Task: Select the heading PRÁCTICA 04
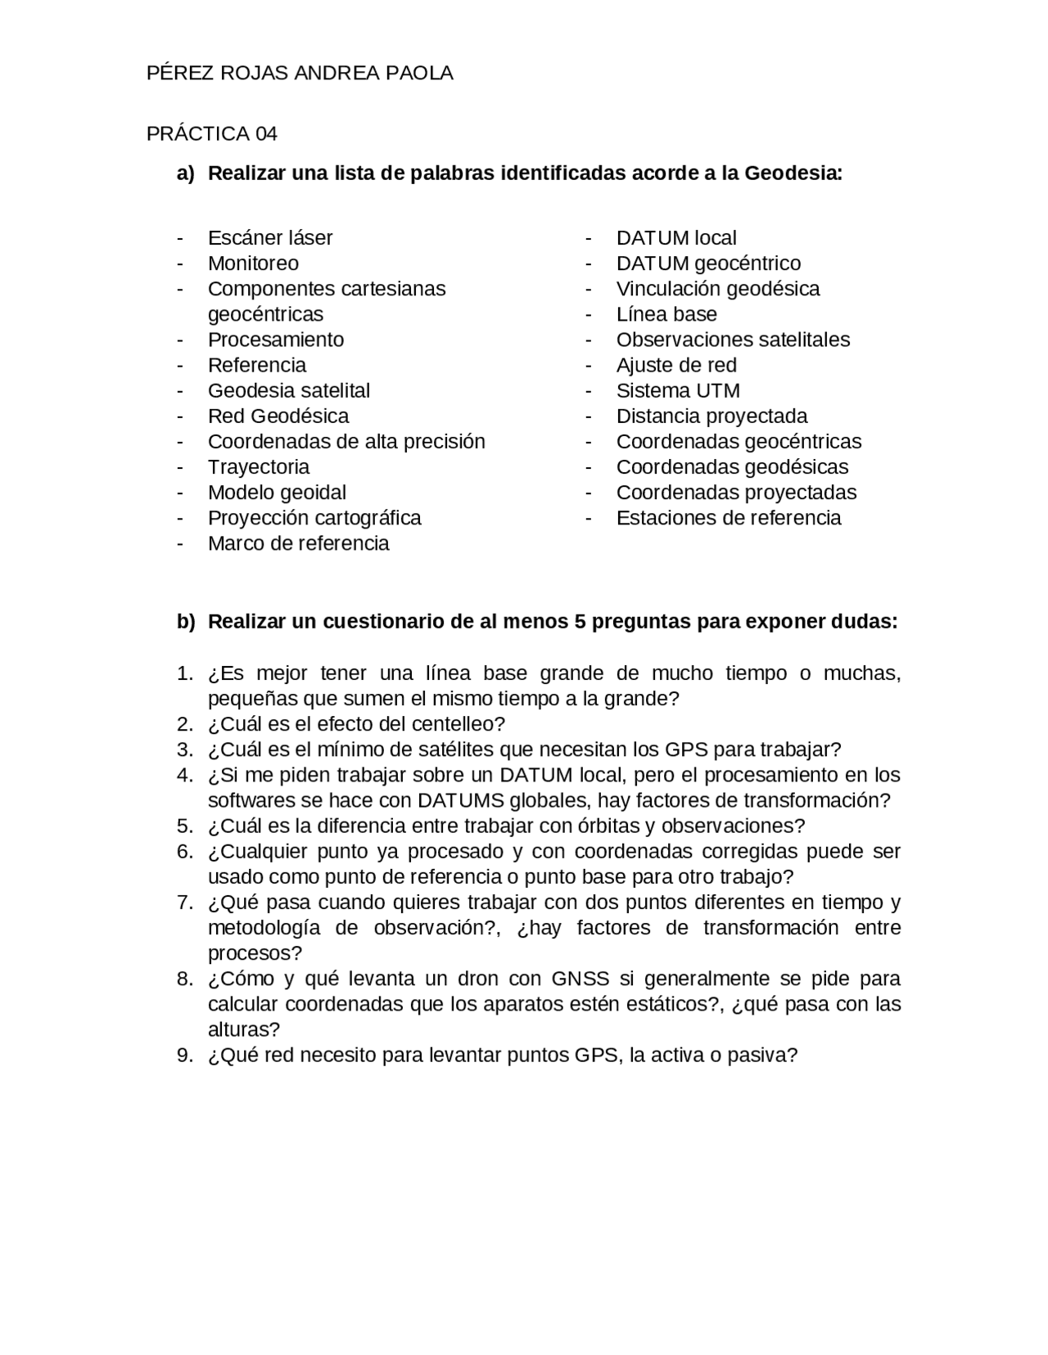tap(212, 133)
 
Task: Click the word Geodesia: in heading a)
tap(793, 173)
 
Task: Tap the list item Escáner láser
tap(270, 238)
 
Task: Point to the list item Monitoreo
tap(253, 263)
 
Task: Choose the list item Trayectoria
tap(259, 467)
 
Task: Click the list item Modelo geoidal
tap(277, 493)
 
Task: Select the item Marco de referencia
tap(298, 543)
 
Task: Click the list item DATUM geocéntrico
tap(708, 263)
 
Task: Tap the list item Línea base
tap(666, 314)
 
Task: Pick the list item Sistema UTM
tap(678, 390)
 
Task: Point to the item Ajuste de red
tap(676, 365)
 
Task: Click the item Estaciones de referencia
tap(729, 518)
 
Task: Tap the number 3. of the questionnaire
tap(185, 750)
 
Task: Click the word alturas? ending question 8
tap(244, 1029)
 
